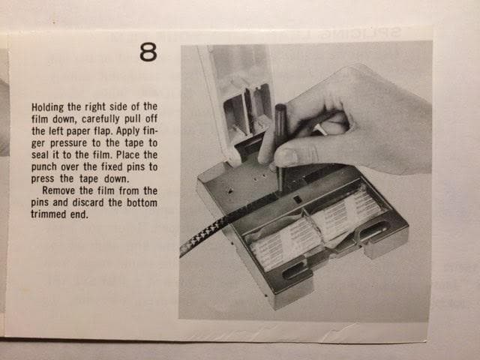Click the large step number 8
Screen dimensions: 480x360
tap(148, 52)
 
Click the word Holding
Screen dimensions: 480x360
tap(48, 107)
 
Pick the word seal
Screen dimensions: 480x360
tap(40, 154)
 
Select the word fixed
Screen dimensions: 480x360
tap(112, 166)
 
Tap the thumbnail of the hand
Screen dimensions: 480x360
tap(286, 157)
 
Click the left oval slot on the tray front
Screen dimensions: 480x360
tap(295, 269)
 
